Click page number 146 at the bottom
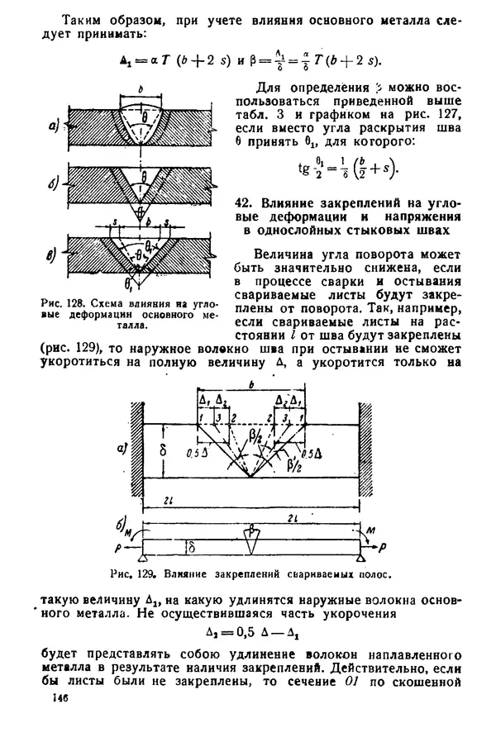pos(59,699)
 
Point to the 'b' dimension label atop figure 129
pos(250,383)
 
